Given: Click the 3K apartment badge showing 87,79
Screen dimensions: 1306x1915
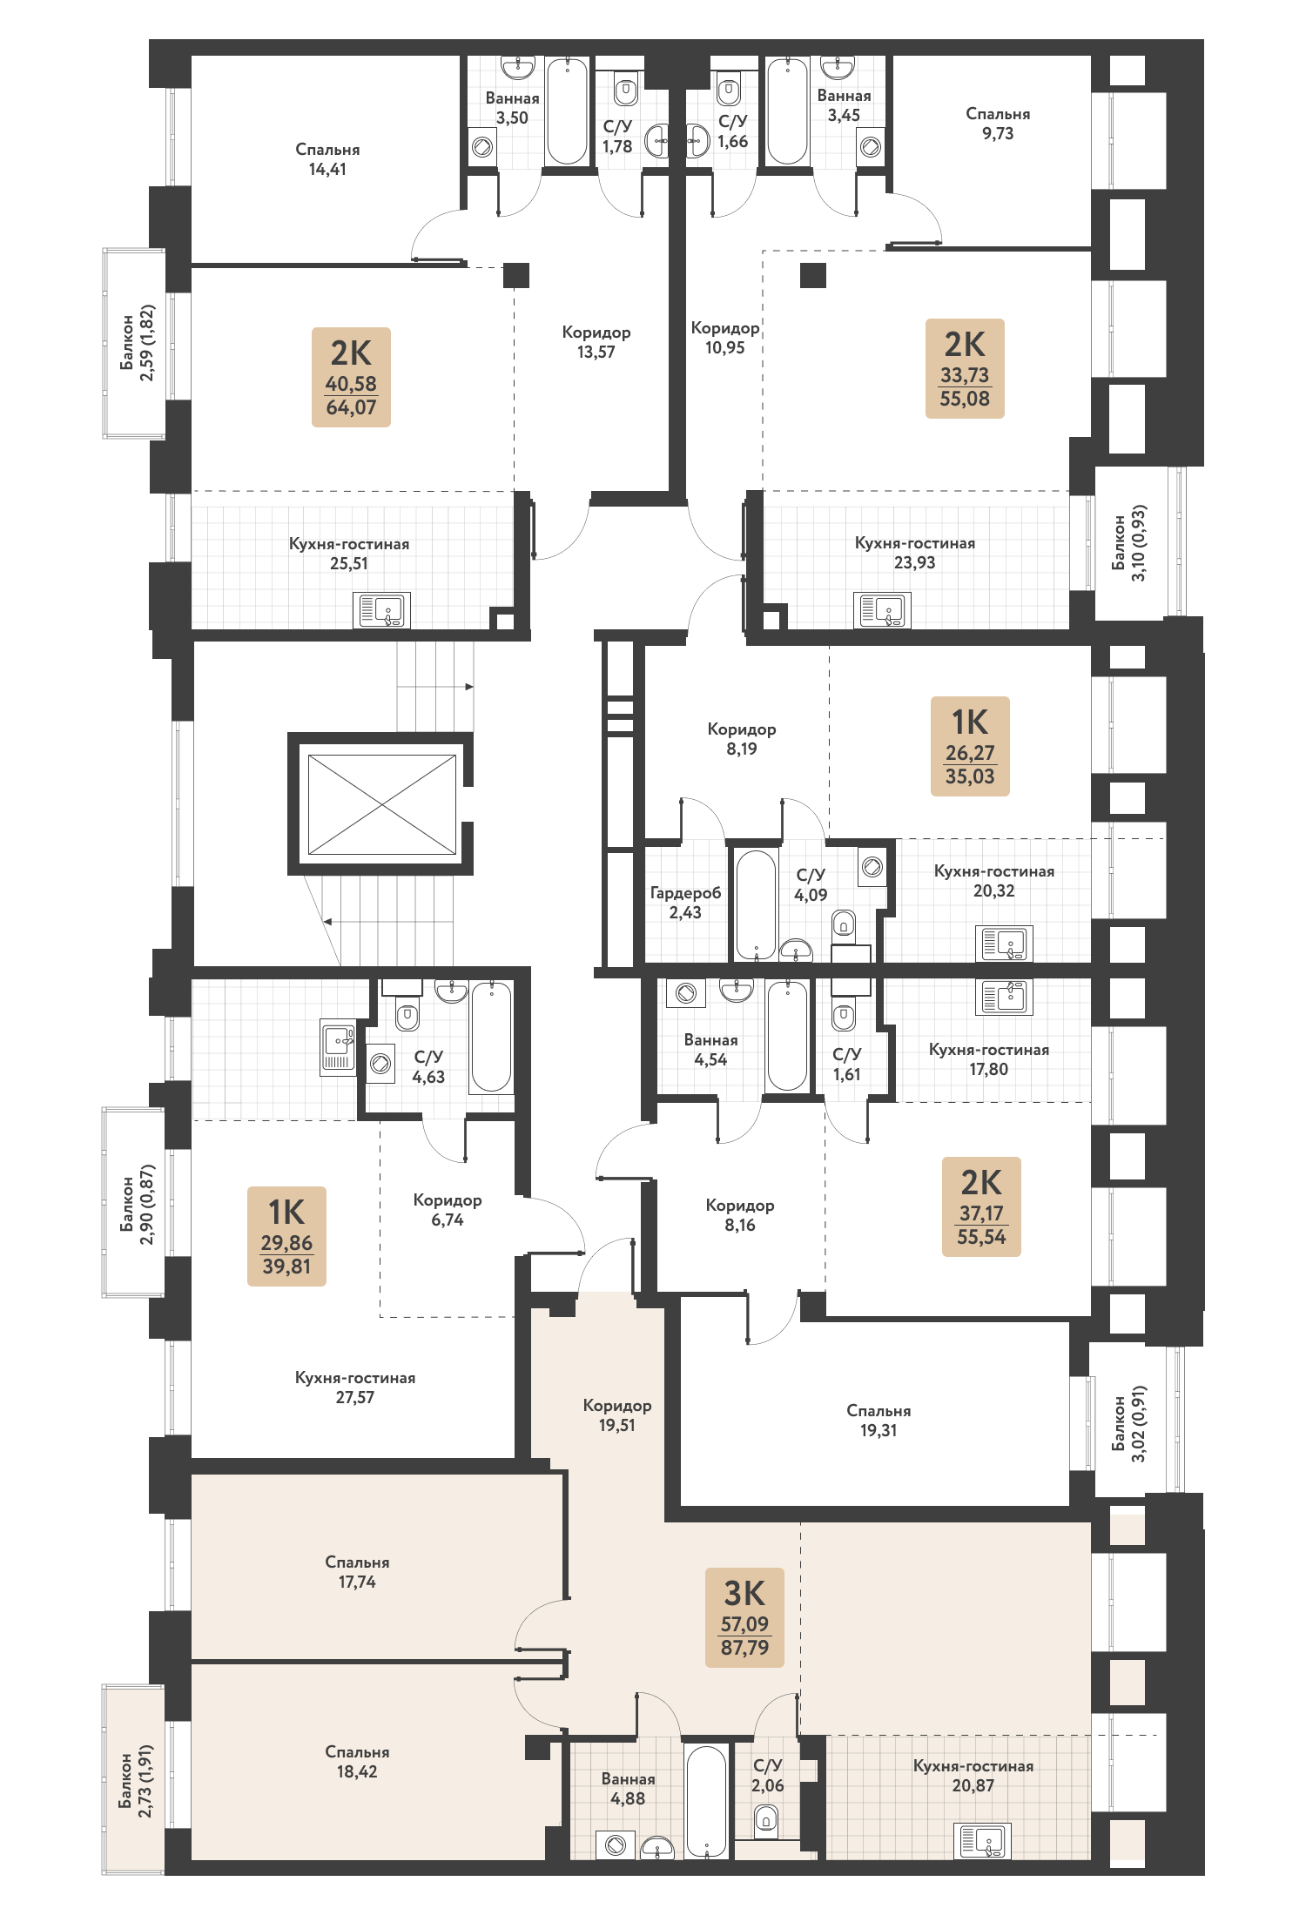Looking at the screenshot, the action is click(744, 1617).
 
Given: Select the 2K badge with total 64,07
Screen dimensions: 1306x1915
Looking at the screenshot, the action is click(351, 377).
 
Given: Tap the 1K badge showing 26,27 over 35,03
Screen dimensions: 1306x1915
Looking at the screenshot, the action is click(970, 746).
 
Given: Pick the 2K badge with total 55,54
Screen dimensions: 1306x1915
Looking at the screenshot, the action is click(981, 1206).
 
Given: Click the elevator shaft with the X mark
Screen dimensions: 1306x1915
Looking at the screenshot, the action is click(381, 803).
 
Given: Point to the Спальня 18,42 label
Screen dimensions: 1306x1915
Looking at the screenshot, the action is click(357, 1762).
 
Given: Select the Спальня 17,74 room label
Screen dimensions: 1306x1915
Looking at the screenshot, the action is click(357, 1572).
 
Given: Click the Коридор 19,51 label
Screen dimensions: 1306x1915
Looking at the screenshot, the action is click(617, 1415).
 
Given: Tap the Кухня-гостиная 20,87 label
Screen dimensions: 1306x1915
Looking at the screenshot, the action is click(973, 1776).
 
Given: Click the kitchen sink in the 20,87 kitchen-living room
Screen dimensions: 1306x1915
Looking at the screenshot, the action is click(982, 1840).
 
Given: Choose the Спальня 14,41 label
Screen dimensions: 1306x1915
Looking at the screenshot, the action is click(327, 159).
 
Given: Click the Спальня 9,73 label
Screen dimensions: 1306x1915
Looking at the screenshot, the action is click(998, 124).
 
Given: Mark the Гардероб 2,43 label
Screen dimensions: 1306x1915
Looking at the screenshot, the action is click(685, 903).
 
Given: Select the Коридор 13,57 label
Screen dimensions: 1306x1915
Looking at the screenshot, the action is click(596, 342).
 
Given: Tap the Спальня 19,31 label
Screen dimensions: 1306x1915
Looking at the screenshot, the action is click(879, 1420).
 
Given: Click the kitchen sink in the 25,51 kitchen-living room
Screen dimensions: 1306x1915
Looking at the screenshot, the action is click(381, 610).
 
